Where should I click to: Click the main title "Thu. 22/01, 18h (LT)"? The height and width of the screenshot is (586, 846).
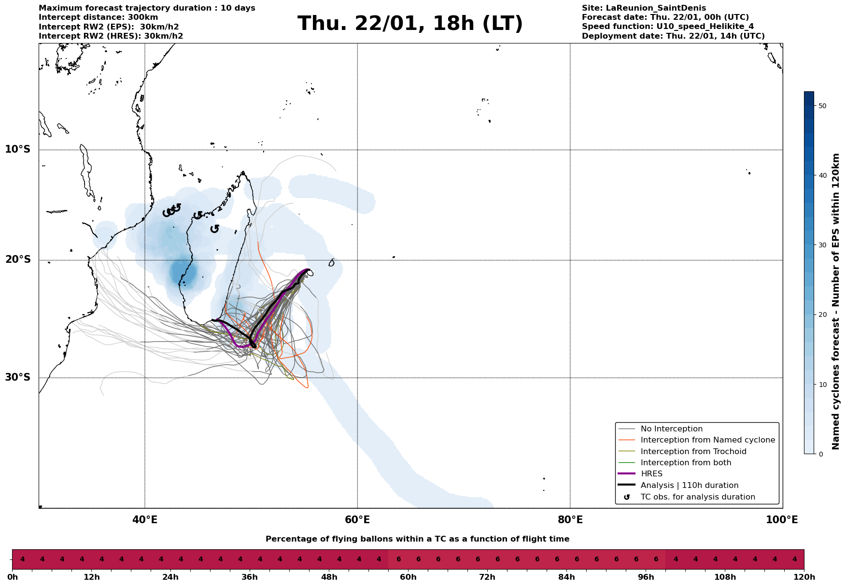click(410, 24)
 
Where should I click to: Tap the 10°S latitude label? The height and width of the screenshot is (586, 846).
click(18, 149)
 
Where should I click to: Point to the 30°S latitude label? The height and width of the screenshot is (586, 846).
click(18, 377)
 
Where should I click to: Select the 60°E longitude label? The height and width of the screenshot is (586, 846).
click(357, 520)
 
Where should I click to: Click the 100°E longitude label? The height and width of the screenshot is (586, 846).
click(782, 520)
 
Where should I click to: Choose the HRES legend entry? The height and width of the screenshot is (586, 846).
click(651, 474)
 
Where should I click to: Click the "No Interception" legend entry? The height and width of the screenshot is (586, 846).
click(671, 429)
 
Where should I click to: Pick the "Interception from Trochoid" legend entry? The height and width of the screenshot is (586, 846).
click(693, 452)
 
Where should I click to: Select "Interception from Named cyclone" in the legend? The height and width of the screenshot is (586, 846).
click(707, 440)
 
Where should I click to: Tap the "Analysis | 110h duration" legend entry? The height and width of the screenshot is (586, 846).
click(689, 486)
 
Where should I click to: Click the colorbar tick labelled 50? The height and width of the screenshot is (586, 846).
click(822, 106)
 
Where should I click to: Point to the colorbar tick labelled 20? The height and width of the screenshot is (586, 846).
click(822, 315)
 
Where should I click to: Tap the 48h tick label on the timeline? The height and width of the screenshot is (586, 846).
click(329, 577)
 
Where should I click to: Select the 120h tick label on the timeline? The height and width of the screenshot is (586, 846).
click(804, 577)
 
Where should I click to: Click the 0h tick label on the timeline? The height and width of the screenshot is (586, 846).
click(13, 577)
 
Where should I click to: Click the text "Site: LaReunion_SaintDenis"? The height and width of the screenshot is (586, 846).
click(644, 8)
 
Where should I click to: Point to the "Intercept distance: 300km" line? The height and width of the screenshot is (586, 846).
click(99, 17)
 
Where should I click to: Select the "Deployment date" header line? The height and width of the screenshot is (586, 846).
click(673, 36)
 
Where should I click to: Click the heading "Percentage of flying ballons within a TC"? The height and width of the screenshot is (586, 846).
click(417, 539)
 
